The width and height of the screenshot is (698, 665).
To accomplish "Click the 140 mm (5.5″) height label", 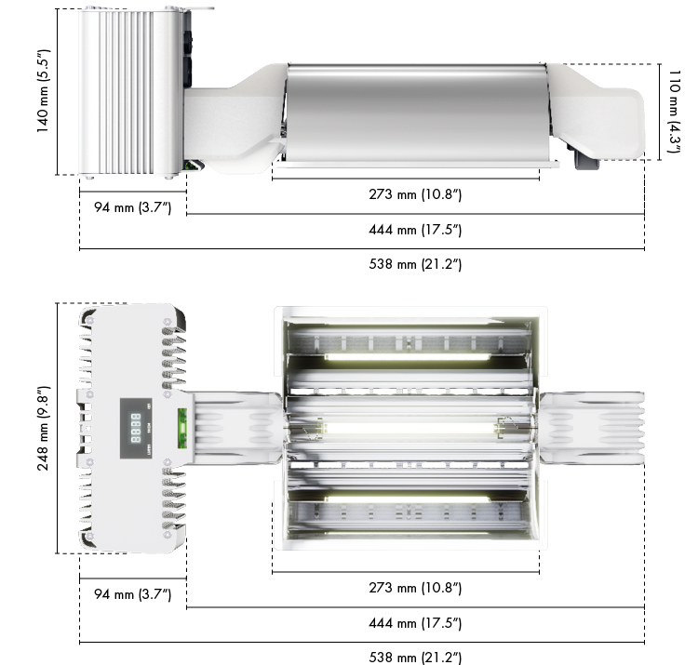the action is (x=43, y=91).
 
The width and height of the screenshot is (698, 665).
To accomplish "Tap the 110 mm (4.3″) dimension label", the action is (x=675, y=112).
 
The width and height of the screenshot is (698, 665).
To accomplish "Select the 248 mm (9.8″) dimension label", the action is (x=43, y=429).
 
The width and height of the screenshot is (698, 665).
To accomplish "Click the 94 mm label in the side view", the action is (x=133, y=207).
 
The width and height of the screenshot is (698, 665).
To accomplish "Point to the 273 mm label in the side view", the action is (x=415, y=194).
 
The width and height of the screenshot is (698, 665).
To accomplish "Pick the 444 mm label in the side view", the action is (x=415, y=230).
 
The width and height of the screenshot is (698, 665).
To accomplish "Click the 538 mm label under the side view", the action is (x=415, y=264).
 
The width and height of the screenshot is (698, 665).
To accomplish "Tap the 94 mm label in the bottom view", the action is (x=133, y=594).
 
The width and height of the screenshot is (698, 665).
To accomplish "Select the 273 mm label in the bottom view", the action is (x=415, y=588).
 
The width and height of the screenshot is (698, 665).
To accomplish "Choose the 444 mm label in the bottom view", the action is (x=415, y=623).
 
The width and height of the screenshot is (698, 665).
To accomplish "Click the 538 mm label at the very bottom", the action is (x=415, y=658).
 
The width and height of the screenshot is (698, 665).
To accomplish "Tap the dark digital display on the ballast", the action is (x=136, y=429).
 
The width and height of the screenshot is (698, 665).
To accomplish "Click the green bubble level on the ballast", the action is (x=182, y=429).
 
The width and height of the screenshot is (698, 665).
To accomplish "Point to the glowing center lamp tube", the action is (x=409, y=429).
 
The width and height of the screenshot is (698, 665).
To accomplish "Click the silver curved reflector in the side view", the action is (x=417, y=113).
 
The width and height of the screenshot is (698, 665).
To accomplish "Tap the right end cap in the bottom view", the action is (x=592, y=429).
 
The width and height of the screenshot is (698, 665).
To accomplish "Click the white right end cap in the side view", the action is (x=597, y=113).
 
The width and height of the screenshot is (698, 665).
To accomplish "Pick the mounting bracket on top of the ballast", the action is (x=189, y=8).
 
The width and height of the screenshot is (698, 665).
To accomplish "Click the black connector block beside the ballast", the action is (x=187, y=49).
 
